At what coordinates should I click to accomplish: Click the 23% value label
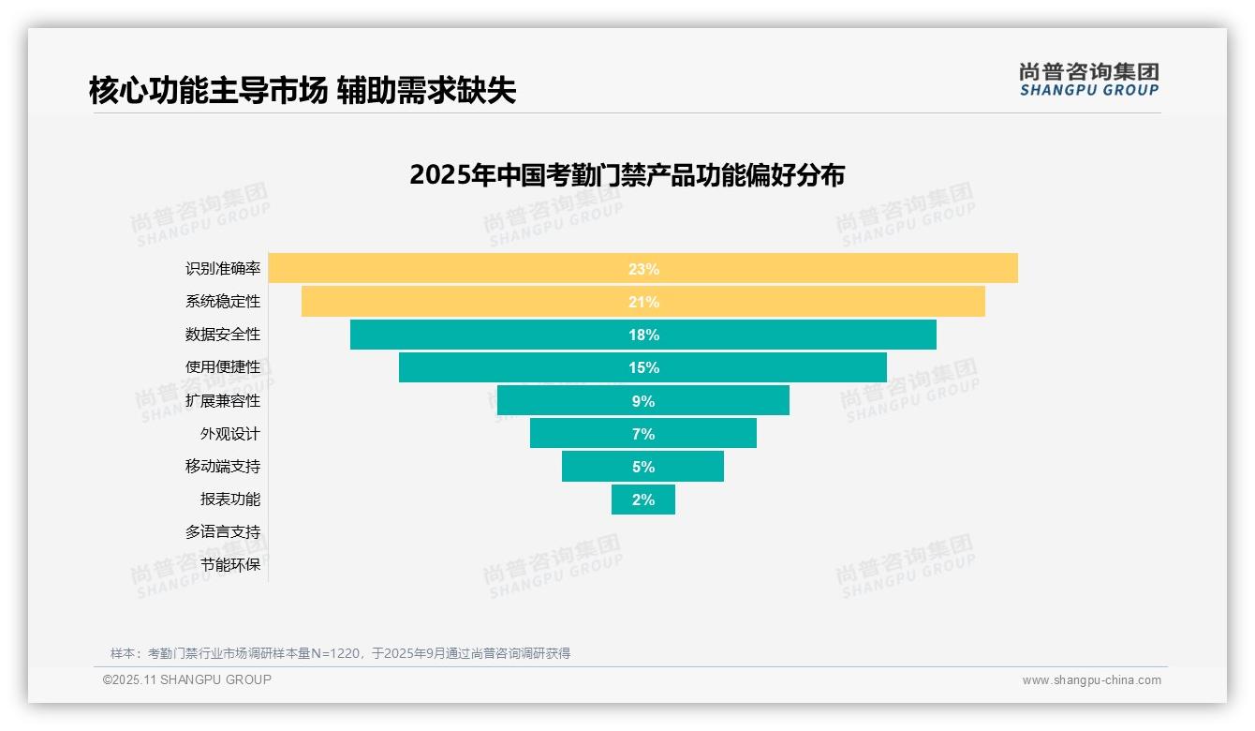click(x=643, y=269)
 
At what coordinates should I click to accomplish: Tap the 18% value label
click(x=643, y=335)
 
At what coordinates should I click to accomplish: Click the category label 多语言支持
click(x=223, y=532)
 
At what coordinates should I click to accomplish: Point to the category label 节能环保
click(x=230, y=565)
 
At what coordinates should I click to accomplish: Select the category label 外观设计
click(x=230, y=434)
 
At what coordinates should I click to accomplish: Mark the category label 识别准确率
click(x=223, y=269)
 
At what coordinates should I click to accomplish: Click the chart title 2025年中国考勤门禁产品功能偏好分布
click(x=627, y=175)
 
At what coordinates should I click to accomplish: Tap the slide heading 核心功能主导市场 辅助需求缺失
click(x=303, y=90)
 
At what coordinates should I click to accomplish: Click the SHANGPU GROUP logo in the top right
click(x=1088, y=80)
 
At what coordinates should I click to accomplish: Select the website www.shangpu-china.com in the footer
click(x=1091, y=680)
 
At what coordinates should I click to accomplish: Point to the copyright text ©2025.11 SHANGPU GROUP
click(x=187, y=679)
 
